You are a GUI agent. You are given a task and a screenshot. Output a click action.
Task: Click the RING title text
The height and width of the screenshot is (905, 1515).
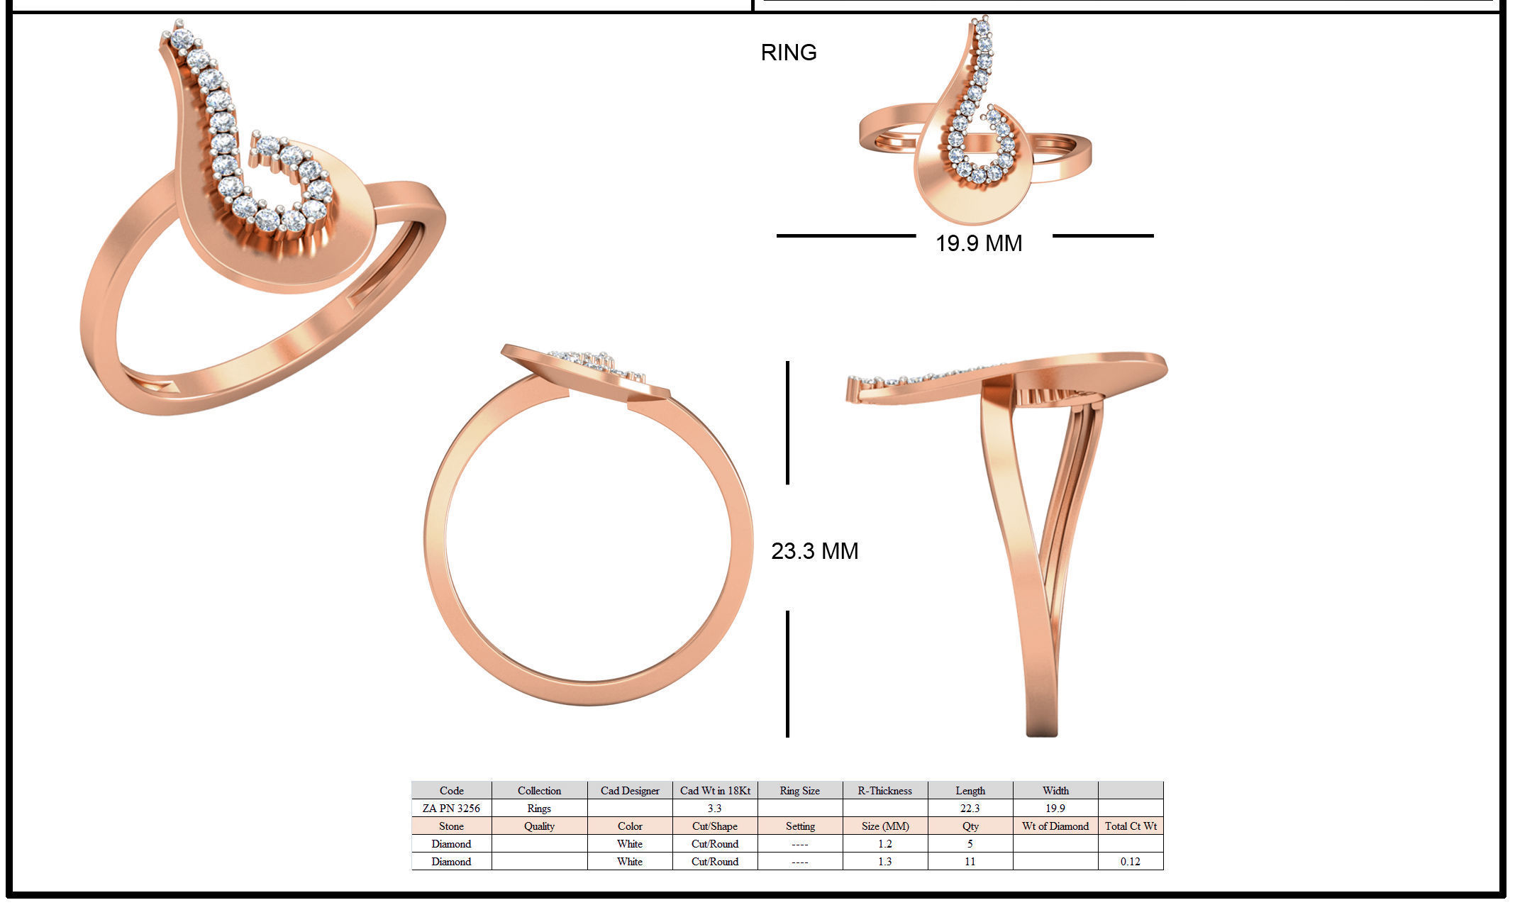[x=788, y=52]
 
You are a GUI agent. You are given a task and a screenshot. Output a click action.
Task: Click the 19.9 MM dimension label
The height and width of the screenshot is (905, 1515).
[x=978, y=243]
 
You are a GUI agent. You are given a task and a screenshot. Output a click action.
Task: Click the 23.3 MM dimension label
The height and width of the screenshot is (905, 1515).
[x=814, y=551]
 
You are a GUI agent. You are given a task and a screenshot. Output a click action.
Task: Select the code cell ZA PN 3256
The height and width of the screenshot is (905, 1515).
[x=451, y=809]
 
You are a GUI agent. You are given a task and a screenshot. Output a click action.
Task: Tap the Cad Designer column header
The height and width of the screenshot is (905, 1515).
[x=630, y=791]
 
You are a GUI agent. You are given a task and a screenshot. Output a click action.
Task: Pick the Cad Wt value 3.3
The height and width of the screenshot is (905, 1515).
[x=714, y=809]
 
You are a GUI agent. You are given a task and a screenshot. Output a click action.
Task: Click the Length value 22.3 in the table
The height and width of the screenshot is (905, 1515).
[x=970, y=809]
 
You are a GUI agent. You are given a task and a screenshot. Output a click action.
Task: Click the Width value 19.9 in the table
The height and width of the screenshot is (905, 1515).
[x=1055, y=809]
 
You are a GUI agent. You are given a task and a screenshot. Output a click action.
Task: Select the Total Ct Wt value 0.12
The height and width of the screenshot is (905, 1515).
[x=1130, y=862]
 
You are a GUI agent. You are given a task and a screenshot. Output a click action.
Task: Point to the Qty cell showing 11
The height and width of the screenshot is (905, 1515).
[x=970, y=862]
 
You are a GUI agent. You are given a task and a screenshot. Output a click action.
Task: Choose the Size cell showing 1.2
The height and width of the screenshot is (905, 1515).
[x=884, y=844]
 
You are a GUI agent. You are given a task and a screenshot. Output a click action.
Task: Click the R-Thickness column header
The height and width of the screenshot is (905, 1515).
[x=884, y=791]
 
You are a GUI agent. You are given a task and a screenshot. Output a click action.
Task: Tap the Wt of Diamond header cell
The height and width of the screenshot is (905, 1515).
[x=1055, y=826]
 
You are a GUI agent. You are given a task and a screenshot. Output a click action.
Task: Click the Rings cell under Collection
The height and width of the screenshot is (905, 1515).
[x=539, y=809]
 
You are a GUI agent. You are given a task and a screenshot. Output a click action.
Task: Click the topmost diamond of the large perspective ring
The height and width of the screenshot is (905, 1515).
[x=182, y=38]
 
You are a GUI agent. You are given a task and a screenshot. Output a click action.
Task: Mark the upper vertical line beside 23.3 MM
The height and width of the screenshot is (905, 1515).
[x=787, y=423]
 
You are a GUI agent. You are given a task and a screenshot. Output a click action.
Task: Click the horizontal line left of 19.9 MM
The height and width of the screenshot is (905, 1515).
[x=845, y=235]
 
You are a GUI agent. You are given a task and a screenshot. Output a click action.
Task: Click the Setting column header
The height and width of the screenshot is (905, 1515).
[x=799, y=826]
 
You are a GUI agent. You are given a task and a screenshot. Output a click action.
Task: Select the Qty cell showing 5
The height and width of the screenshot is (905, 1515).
[x=970, y=844]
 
